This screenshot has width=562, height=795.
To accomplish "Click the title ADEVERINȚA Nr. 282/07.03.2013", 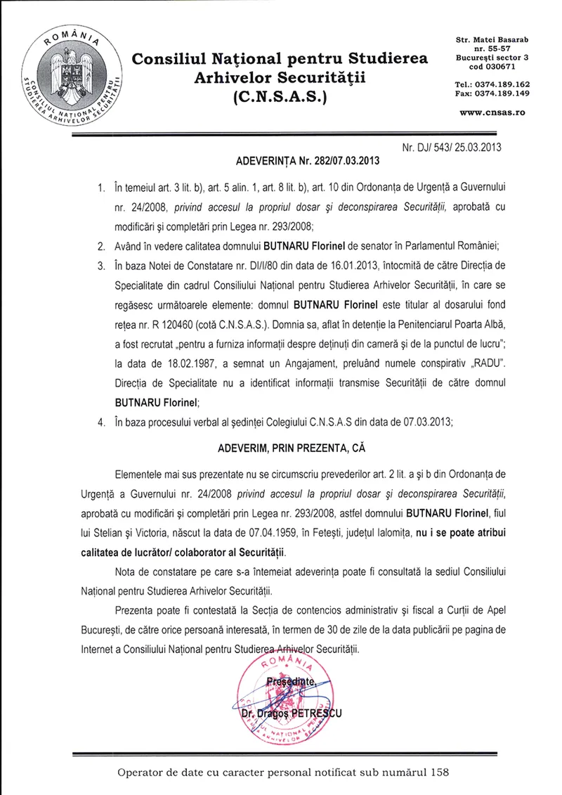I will pos(306,161).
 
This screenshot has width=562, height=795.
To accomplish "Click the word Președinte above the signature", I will pos(292,683).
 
